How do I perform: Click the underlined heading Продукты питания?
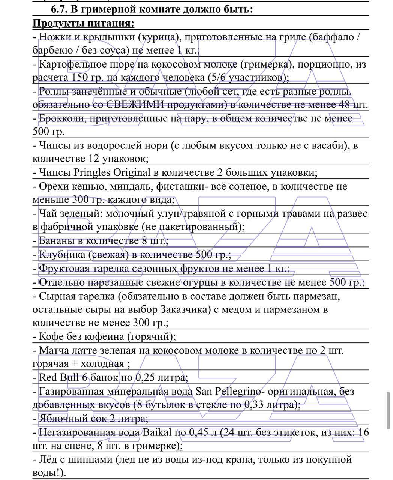point(83,23)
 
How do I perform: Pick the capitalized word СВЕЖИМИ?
point(135,105)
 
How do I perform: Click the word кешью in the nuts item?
point(86,186)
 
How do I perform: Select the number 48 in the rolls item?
point(345,105)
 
